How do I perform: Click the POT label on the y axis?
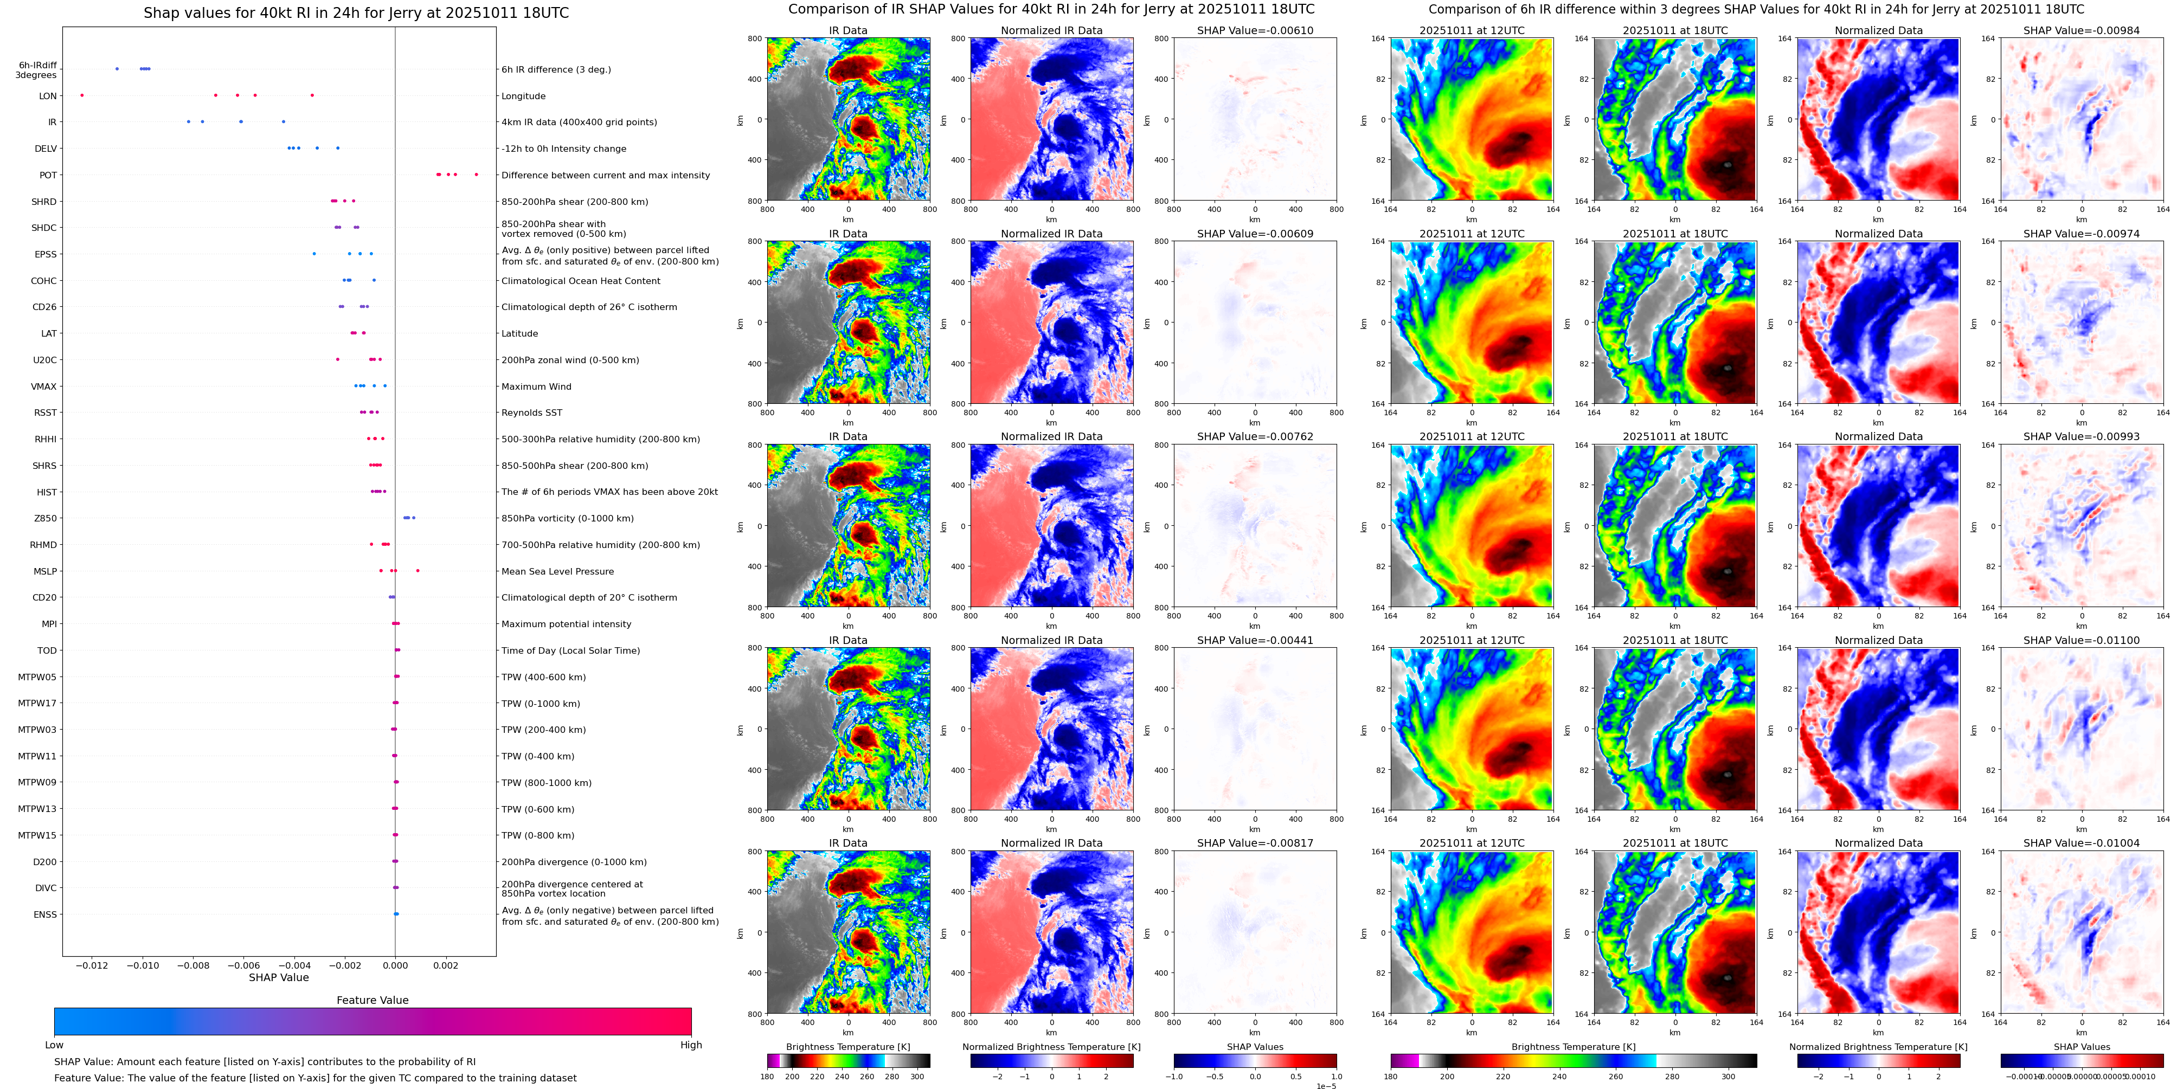[x=48, y=176]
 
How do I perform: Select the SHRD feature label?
[x=44, y=202]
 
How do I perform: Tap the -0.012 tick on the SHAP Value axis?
[x=93, y=965]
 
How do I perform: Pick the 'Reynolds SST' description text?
[x=531, y=413]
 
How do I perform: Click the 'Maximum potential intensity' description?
[x=566, y=624]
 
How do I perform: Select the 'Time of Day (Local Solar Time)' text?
[x=570, y=650]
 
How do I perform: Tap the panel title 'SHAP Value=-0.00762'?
[x=1255, y=437]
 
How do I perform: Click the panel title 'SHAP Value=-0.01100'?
[x=2082, y=640]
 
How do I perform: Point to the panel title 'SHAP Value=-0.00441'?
[x=1255, y=640]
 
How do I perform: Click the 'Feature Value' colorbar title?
[x=373, y=1000]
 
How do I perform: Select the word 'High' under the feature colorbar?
[x=691, y=1045]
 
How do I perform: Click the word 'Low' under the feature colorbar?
[x=54, y=1045]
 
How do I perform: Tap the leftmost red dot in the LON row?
[x=82, y=95]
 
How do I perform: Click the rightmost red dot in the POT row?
[x=477, y=175]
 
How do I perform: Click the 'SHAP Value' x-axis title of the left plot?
[x=279, y=977]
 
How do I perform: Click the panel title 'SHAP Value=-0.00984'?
[x=2082, y=30]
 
